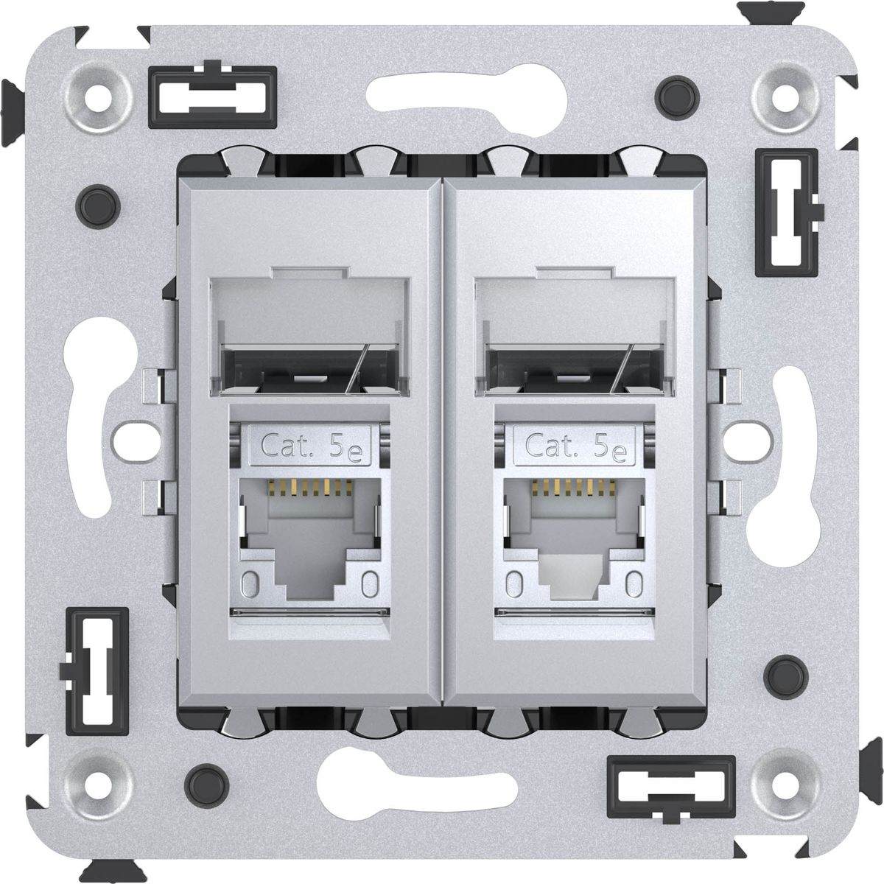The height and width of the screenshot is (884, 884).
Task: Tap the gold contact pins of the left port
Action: coord(310,487)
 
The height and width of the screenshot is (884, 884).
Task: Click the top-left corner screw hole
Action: coord(98,99)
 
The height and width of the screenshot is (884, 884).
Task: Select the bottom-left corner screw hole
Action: coord(98,786)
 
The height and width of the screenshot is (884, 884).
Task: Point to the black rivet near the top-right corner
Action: coord(677,98)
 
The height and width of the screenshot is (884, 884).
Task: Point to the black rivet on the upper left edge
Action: coord(98,207)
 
